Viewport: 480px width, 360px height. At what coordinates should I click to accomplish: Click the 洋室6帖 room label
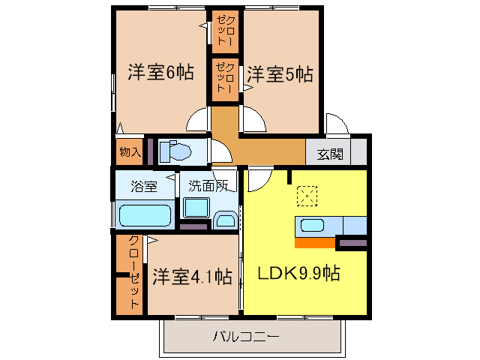pyautogui.click(x=160, y=73)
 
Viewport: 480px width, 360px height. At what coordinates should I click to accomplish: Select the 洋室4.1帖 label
pyautogui.click(x=191, y=276)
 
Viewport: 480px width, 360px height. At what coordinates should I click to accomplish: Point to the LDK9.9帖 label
pyautogui.click(x=299, y=273)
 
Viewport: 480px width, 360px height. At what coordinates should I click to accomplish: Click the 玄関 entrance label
pyautogui.click(x=329, y=154)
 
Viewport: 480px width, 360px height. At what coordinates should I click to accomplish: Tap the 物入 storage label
pyautogui.click(x=130, y=152)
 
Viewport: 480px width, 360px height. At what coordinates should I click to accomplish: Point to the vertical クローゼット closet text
pyautogui.click(x=132, y=271)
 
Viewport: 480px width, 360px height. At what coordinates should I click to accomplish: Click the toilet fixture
pyautogui.click(x=175, y=151)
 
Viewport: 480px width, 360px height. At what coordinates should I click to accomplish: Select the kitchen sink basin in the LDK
pyautogui.click(x=312, y=225)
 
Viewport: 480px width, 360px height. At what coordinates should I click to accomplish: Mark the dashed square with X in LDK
pyautogui.click(x=307, y=197)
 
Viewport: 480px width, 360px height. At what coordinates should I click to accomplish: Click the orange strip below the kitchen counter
pyautogui.click(x=315, y=243)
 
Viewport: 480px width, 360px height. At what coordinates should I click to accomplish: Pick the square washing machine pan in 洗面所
pyautogui.click(x=196, y=209)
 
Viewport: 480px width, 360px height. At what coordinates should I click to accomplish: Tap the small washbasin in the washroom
pyautogui.click(x=224, y=220)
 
